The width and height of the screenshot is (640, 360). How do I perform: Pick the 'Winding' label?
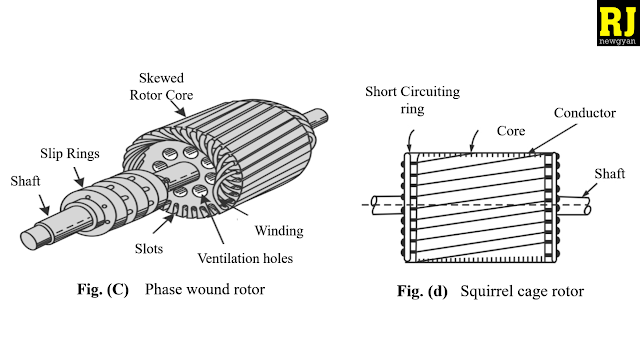click(x=279, y=230)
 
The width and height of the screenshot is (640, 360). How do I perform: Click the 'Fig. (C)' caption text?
click(x=103, y=290)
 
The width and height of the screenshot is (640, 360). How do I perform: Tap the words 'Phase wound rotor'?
click(x=205, y=290)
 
